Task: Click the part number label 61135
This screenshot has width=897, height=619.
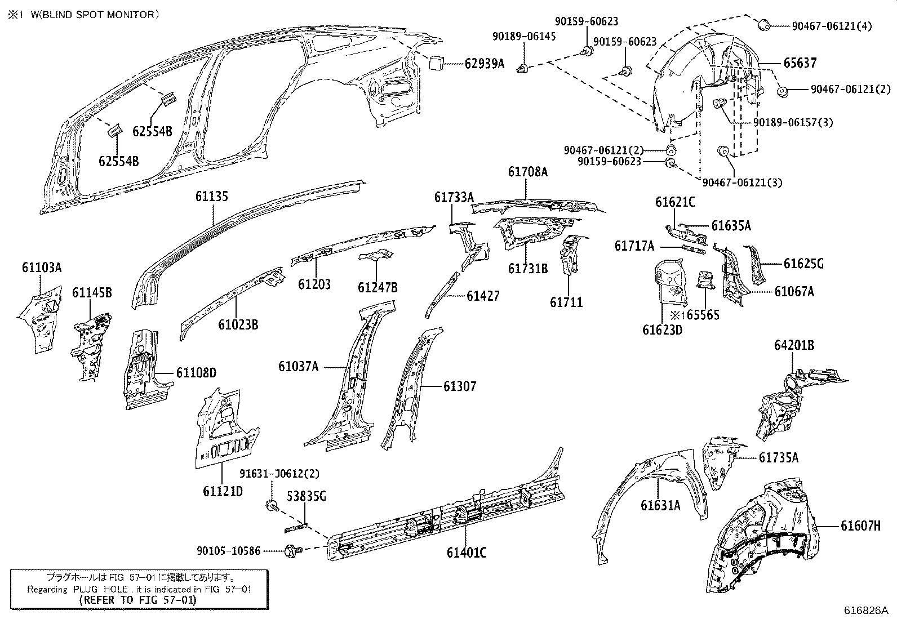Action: [x=212, y=197]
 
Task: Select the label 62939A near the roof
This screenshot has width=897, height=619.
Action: [x=485, y=64]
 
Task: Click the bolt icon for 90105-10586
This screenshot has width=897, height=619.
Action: [x=294, y=549]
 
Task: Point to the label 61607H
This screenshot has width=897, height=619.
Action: [x=860, y=526]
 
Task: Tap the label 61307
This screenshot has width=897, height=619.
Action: [x=459, y=386]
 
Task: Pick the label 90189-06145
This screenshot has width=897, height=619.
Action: [x=523, y=36]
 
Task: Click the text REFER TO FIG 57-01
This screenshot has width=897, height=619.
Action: [x=138, y=600]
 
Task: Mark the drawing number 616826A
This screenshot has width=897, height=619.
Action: [x=865, y=611]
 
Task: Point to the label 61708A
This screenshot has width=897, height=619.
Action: [x=527, y=172]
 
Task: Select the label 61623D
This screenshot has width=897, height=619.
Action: [x=662, y=329]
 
